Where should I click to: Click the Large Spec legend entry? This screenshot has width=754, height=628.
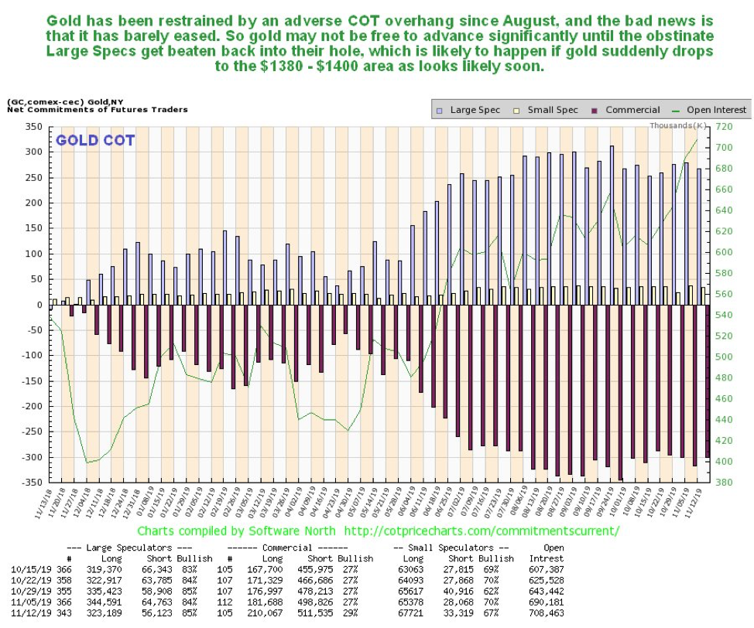[473, 110]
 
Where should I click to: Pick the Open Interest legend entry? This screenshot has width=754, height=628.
[716, 110]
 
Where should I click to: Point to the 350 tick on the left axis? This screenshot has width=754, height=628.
[32, 126]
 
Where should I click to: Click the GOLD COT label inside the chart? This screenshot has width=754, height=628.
[94, 141]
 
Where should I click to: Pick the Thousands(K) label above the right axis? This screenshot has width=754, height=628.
[678, 125]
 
